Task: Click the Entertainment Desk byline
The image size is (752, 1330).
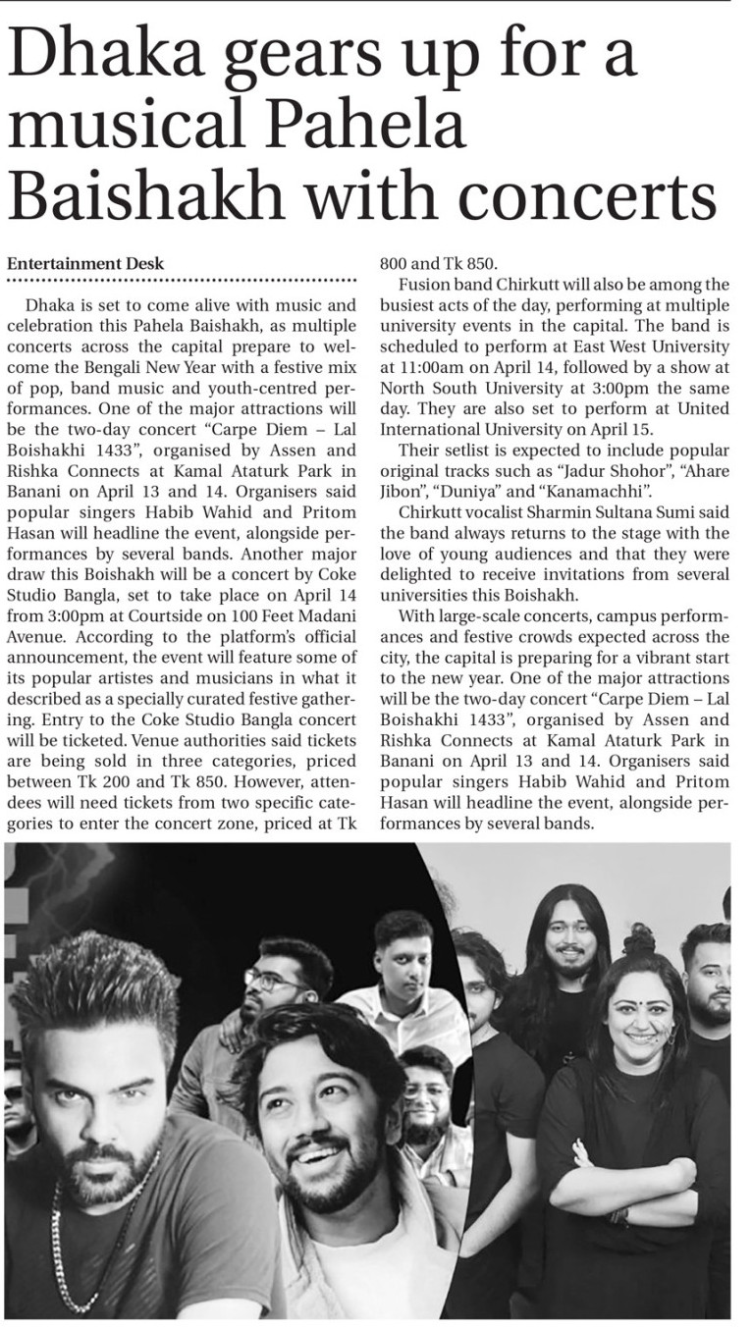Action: click(x=85, y=263)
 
